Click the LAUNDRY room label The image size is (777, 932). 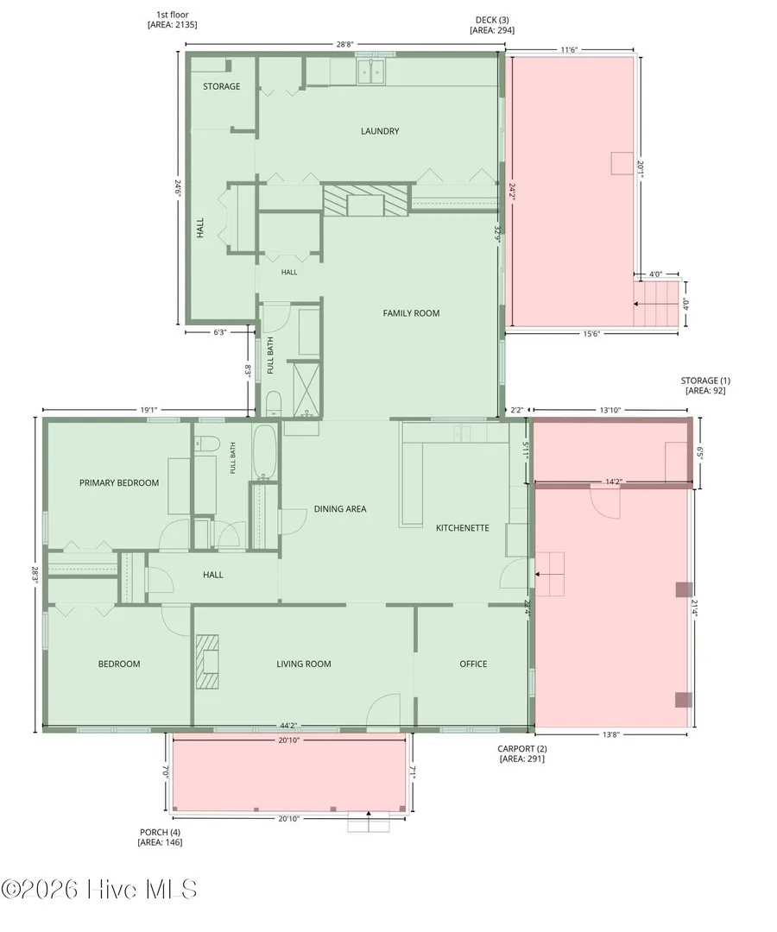tap(380, 131)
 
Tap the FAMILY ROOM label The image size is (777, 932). tap(412, 313)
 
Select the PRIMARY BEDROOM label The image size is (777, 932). tap(119, 482)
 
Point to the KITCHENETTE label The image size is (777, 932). tap(463, 528)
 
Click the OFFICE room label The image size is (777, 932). tap(473, 664)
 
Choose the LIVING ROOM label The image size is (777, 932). tap(304, 664)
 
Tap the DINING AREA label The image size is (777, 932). tap(340, 509)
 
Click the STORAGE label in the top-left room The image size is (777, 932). tap(222, 86)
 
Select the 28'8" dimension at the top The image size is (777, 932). tap(344, 44)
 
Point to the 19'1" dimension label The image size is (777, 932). tap(148, 410)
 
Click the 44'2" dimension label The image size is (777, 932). tap(288, 725)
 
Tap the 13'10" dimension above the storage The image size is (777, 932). tap(610, 410)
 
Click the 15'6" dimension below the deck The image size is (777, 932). tap(591, 333)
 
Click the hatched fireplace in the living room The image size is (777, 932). tap(207, 662)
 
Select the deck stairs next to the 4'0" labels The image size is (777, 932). tap(656, 303)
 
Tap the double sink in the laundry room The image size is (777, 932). tap(372, 72)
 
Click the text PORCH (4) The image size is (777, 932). tap(160, 832)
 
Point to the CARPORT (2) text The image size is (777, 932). tap(522, 749)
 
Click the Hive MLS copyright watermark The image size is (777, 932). tap(98, 890)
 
